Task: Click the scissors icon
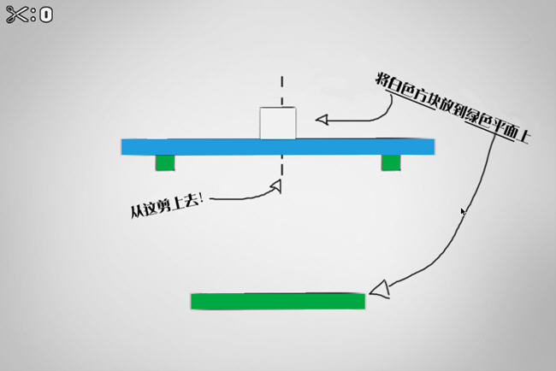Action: click(16, 15)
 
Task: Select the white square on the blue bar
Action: click(278, 123)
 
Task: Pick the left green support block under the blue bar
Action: click(165, 162)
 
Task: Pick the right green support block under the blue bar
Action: click(390, 162)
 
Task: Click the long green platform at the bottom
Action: click(278, 301)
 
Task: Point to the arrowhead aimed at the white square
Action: click(322, 120)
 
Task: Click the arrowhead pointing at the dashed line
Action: click(275, 185)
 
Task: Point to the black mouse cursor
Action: click(463, 211)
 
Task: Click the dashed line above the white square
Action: click(281, 91)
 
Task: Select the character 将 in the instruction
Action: click(382, 79)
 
